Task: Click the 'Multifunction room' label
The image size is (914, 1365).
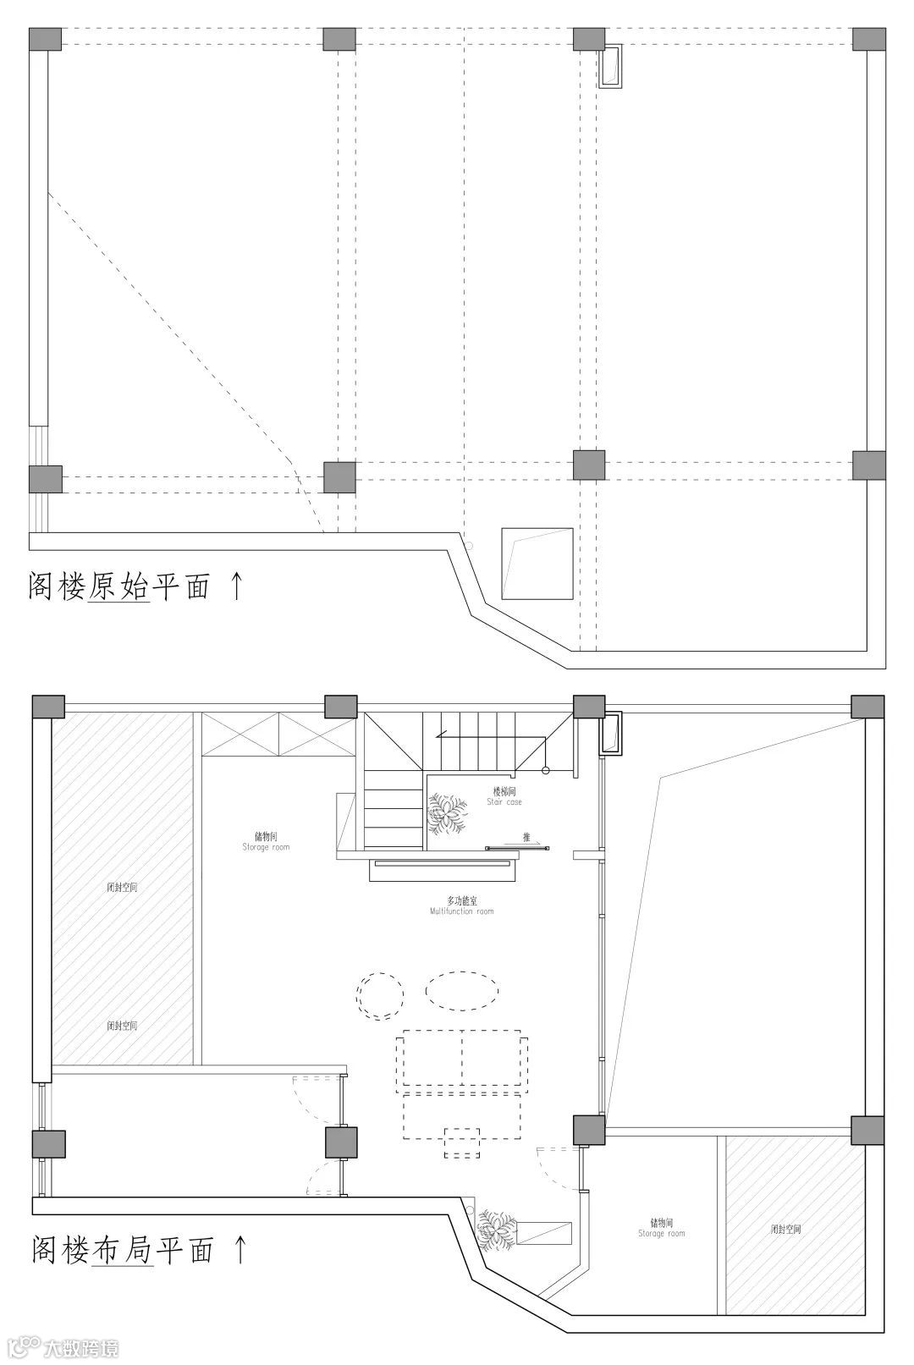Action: [x=461, y=906]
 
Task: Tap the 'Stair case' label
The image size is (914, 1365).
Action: [x=504, y=797]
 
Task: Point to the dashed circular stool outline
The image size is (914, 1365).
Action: [x=379, y=994]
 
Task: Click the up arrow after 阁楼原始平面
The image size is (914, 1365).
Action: [x=236, y=585]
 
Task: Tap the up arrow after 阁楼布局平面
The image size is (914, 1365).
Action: [x=240, y=1248]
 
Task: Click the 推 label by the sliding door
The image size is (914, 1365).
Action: [x=526, y=838]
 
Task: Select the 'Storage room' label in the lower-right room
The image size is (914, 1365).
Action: [x=662, y=1228]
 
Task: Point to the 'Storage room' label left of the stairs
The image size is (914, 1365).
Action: [x=266, y=841]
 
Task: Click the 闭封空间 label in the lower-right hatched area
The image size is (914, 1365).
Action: [x=785, y=1229]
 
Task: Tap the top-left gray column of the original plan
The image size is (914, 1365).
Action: [x=45, y=40]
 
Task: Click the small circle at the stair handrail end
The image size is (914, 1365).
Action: [x=546, y=770]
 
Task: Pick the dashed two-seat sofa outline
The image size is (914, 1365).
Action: [x=462, y=1057]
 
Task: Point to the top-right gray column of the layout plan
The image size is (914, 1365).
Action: [x=867, y=707]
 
